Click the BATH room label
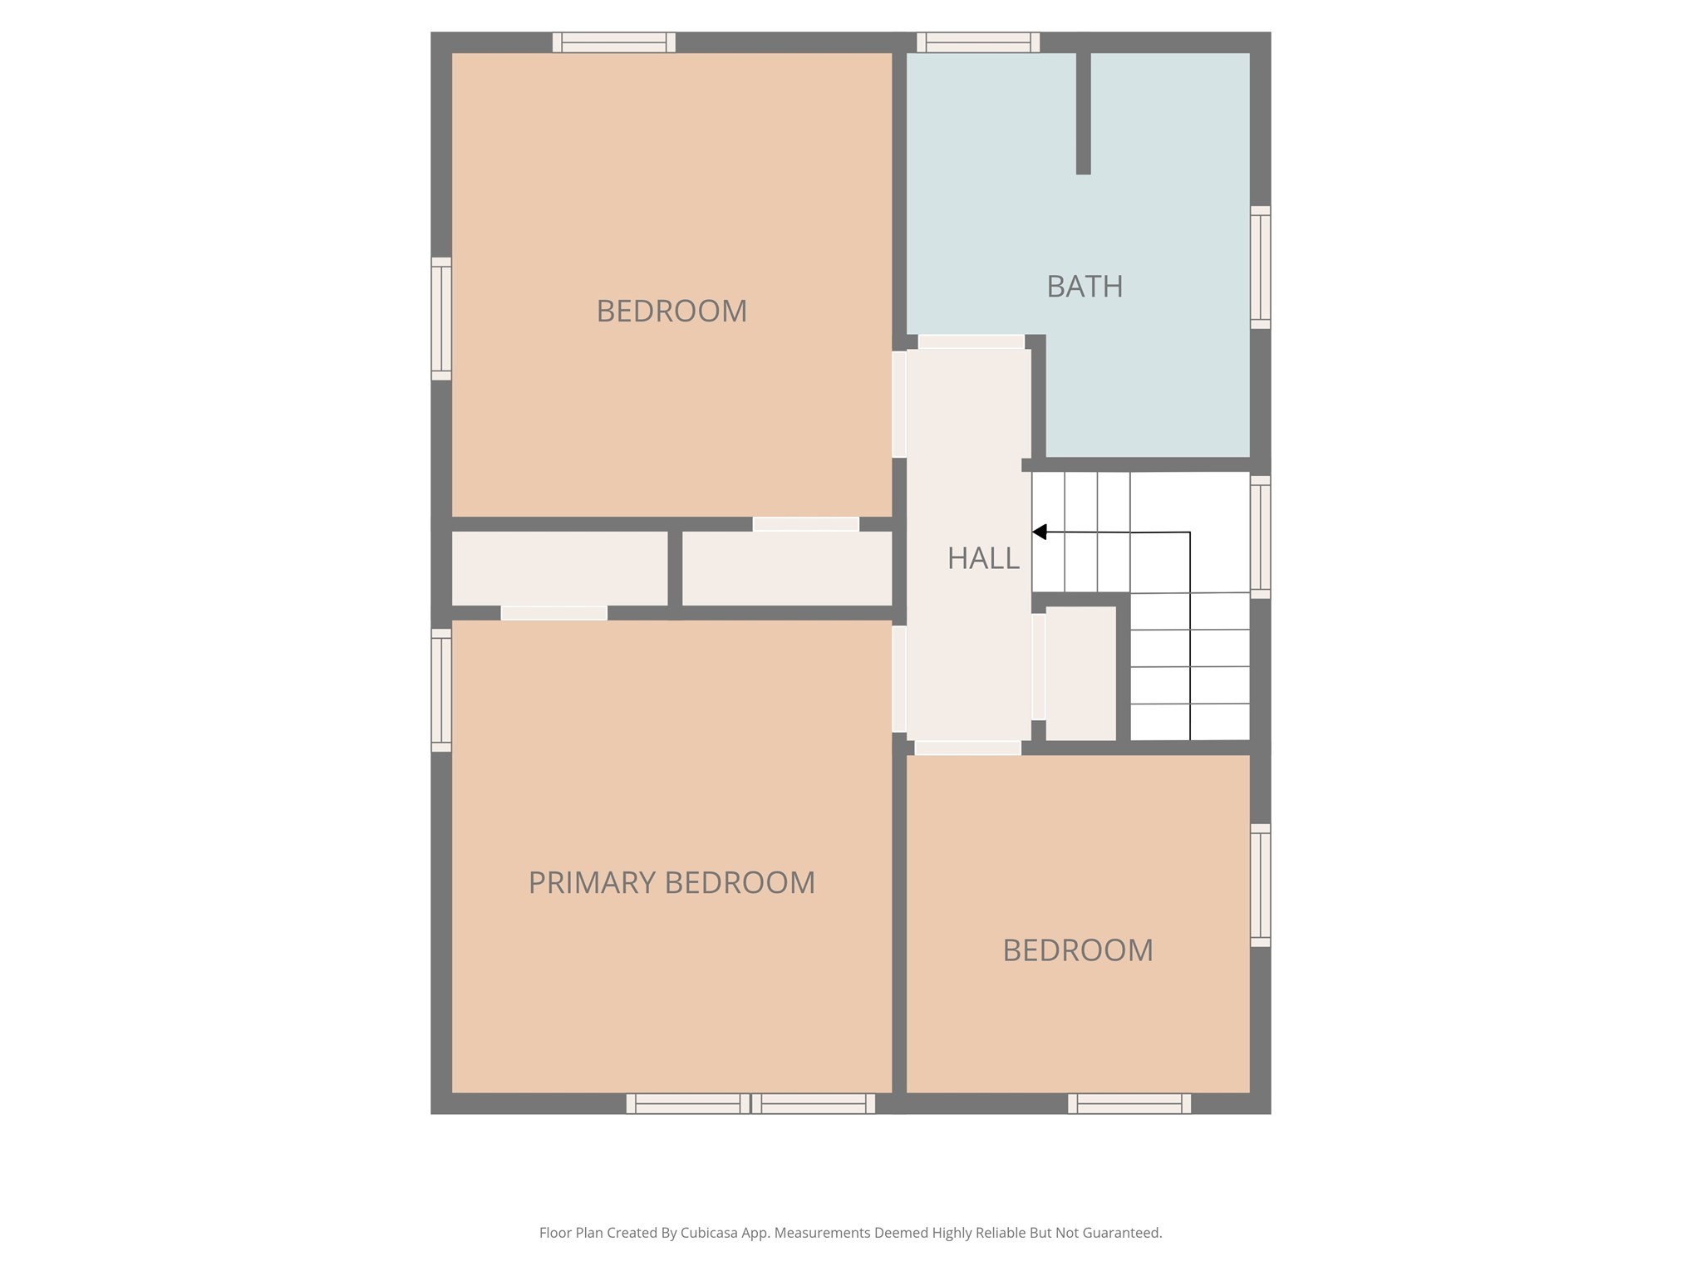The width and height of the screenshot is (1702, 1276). coord(1085,287)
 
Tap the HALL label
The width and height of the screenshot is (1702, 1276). coord(983,558)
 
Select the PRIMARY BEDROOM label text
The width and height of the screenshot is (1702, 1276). coord(671,882)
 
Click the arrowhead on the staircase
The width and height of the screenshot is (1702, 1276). coord(1040,532)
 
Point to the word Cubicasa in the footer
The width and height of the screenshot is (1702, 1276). coord(711,1233)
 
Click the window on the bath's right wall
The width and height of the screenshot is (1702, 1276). coord(1260,267)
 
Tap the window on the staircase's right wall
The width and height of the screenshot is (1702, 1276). coord(1260,537)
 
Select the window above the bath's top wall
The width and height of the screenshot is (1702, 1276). coord(978,42)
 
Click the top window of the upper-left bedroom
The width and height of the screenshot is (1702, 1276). coord(614,42)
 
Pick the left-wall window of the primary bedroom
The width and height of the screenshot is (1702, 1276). coord(441,690)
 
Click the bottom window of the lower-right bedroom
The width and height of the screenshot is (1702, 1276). coord(1129,1103)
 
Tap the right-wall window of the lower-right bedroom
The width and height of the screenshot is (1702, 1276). coord(1260,885)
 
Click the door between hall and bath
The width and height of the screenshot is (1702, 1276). coord(971,341)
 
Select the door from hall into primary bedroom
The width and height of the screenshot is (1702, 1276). coord(898,679)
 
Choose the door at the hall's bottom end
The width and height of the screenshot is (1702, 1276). coord(967,748)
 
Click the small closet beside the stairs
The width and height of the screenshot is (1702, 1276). coord(1080,673)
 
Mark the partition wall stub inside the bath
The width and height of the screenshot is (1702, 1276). coord(1083,112)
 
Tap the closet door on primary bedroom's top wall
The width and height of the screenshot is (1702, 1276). coord(554,613)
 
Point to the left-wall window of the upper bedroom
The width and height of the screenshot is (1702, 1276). coord(441,319)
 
